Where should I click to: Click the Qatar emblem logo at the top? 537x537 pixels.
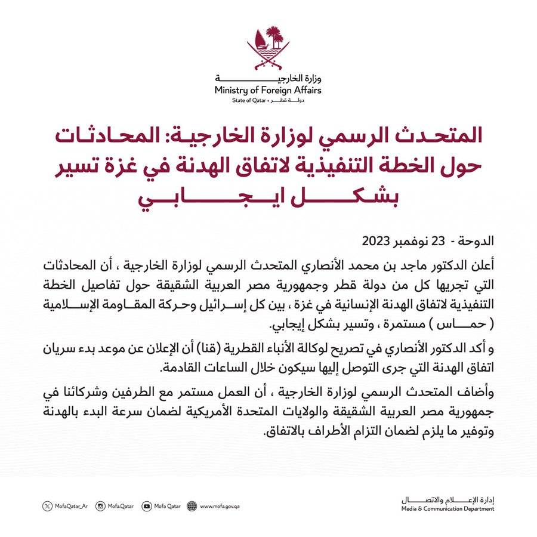click(268, 48)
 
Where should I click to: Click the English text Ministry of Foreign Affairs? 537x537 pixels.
click(268, 90)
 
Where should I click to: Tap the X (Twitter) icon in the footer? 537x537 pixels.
click(48, 507)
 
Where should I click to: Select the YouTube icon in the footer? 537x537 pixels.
click(147, 507)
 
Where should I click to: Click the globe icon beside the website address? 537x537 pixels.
click(192, 507)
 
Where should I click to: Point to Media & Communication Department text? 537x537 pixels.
click(447, 509)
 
